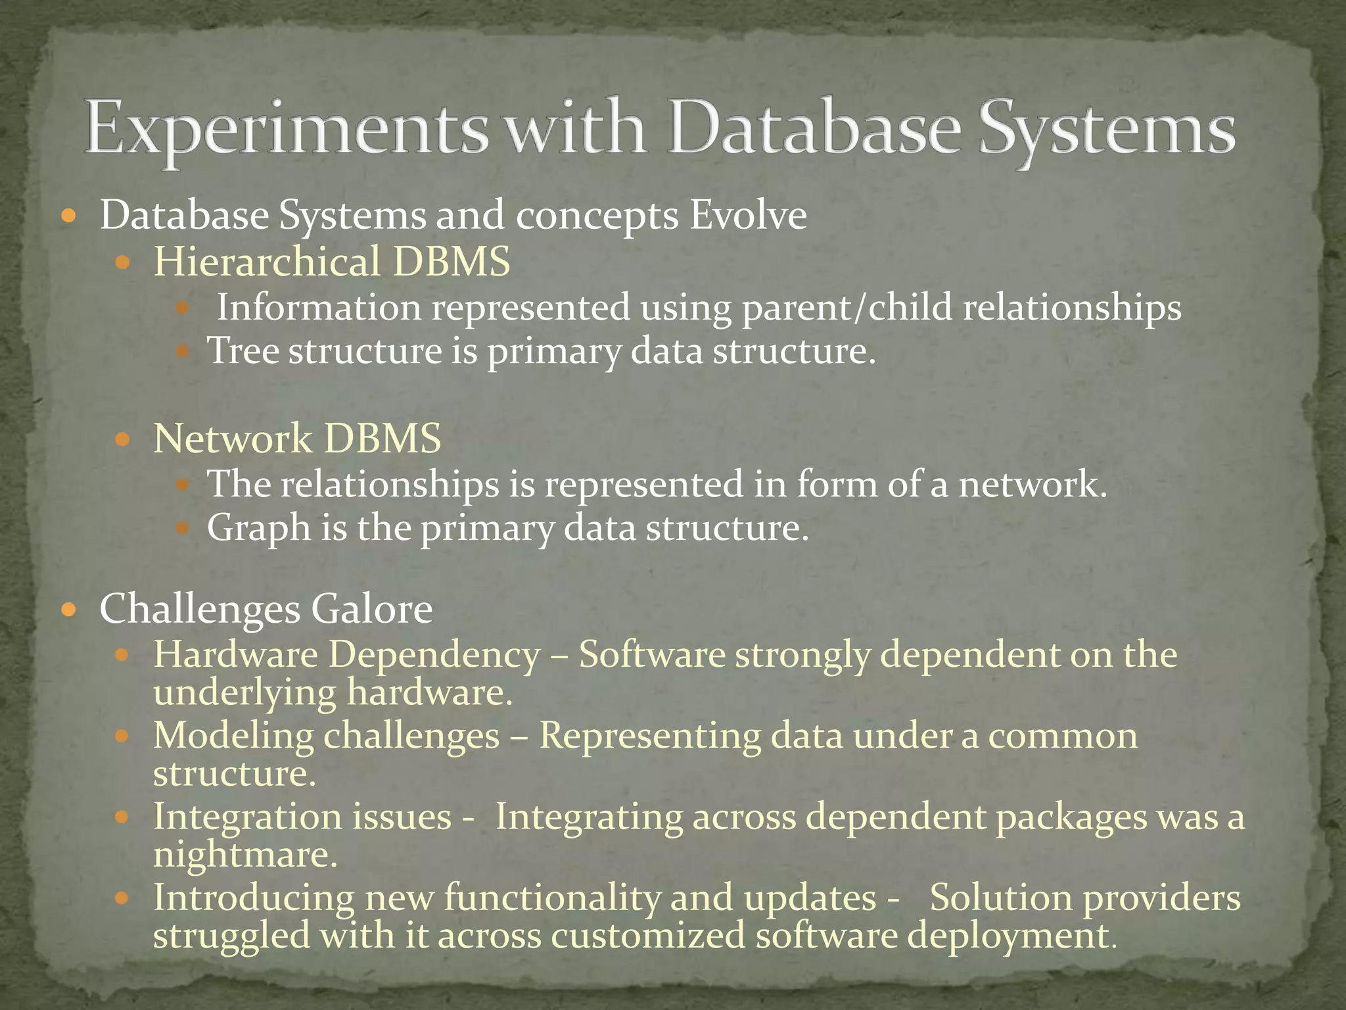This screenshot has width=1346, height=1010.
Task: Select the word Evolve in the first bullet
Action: point(748,215)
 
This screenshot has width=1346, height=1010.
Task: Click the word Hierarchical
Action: point(267,261)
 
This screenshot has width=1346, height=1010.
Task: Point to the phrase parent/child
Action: point(847,308)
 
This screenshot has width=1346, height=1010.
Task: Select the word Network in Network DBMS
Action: point(233,439)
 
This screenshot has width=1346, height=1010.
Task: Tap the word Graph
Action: point(258,528)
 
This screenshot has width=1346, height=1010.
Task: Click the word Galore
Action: point(371,609)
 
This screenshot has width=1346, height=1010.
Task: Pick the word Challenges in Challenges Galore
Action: point(200,609)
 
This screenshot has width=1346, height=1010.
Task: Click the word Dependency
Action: point(434,655)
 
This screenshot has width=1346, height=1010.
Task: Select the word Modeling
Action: point(233,735)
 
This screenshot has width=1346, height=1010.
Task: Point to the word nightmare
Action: point(244,855)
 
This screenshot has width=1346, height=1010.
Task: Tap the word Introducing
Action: point(254,898)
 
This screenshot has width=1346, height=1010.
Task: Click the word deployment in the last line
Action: point(1011,934)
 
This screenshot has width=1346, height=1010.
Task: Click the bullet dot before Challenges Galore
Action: point(68,610)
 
